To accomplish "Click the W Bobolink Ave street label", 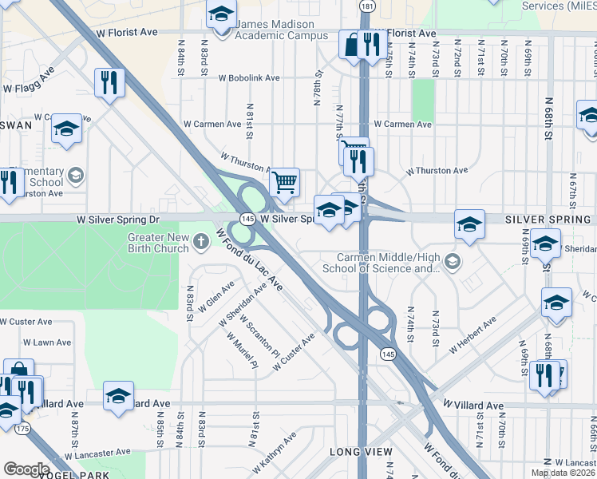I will tap(249, 78).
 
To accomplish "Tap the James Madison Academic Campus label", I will tap(282, 30).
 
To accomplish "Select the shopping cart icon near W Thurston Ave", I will tap(284, 183).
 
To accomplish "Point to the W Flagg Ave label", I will tap(28, 80).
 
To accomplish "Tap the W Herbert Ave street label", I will tap(472, 335).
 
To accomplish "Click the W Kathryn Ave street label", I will tap(274, 452).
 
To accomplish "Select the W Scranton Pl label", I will tap(263, 338).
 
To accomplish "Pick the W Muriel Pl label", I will tap(243, 353).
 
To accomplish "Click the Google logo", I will tap(26, 469).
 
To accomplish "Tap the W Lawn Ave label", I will tap(47, 342).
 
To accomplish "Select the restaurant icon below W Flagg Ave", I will tap(109, 82).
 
